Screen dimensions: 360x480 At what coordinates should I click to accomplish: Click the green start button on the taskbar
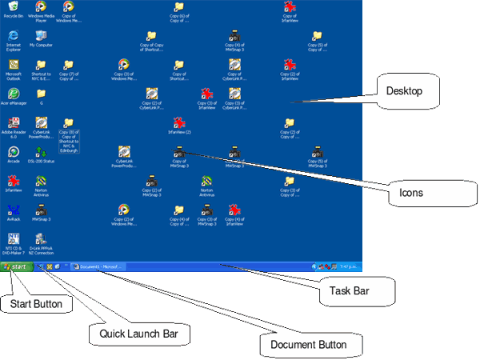pyautogui.click(x=16, y=266)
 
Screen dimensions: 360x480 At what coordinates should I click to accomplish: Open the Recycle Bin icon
pyautogui.click(x=13, y=7)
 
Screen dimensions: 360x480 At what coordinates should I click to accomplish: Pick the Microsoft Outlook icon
pyautogui.click(x=13, y=66)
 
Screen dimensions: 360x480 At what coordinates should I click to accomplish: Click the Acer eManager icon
pyautogui.click(x=13, y=94)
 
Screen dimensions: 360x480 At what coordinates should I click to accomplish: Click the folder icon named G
pyautogui.click(x=40, y=94)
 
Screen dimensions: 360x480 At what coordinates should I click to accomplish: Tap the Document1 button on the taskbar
pyautogui.click(x=99, y=266)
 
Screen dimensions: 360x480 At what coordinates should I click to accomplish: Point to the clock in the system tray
pyautogui.click(x=350, y=266)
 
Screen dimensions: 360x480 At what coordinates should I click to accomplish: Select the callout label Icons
pyautogui.click(x=412, y=192)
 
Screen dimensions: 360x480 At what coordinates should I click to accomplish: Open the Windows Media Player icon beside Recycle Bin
pyautogui.click(x=40, y=7)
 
